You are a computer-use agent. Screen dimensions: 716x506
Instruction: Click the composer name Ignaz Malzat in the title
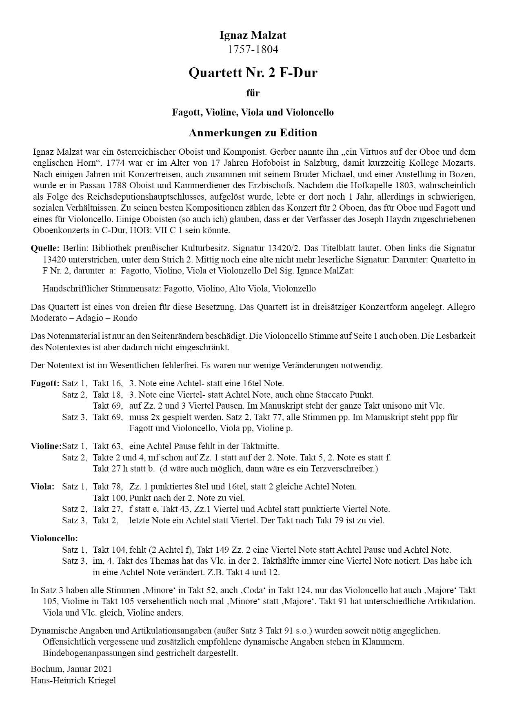point(253,36)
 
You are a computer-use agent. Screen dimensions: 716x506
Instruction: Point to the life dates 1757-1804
point(253,50)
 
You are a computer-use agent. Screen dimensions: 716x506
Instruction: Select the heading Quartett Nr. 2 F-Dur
point(253,73)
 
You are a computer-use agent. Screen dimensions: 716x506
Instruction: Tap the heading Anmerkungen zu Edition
point(253,133)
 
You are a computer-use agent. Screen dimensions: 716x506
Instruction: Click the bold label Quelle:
point(45,248)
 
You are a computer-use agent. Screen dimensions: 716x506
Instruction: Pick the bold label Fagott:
point(45,383)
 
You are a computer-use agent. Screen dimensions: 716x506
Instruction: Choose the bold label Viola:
point(42,487)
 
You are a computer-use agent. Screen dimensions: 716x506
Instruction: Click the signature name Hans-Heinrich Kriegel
point(73,680)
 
